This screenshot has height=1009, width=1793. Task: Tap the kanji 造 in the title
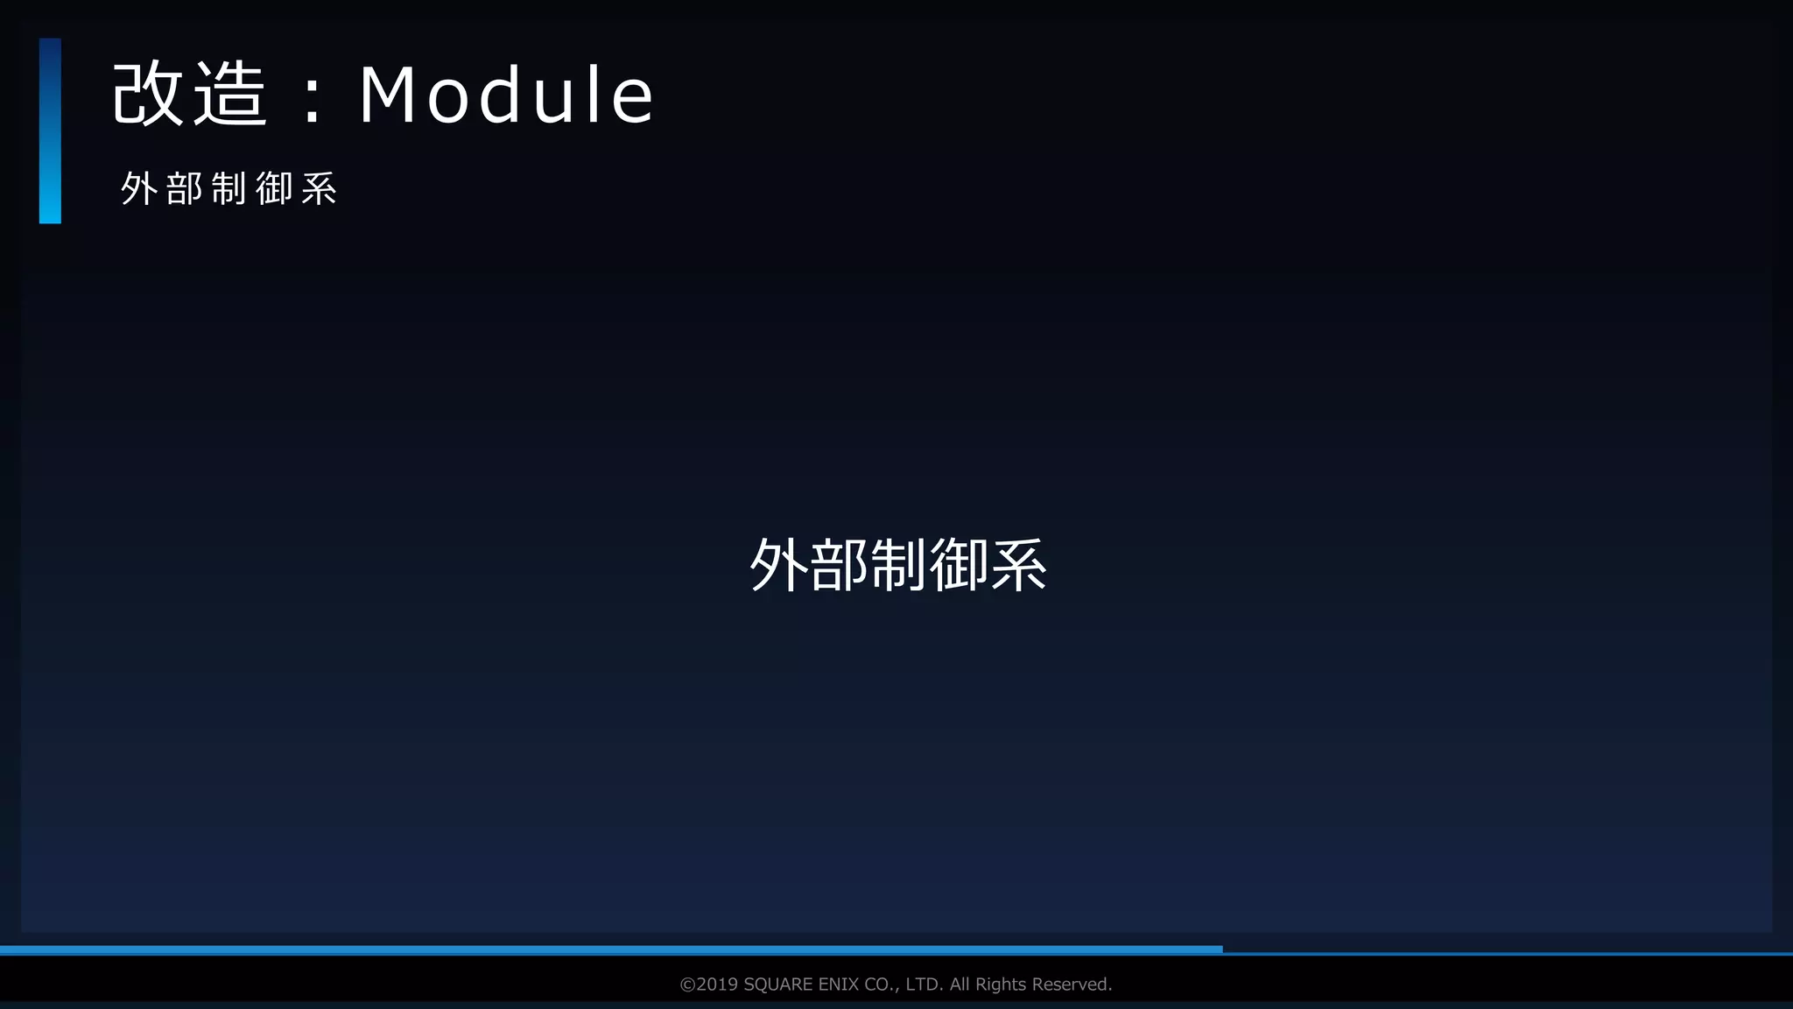pos(229,95)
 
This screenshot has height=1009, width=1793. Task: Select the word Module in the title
pos(506,95)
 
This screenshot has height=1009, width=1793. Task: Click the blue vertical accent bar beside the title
pos(50,131)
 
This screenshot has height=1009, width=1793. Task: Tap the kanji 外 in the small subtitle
pos(138,188)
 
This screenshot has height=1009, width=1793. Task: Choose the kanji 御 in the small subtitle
pos(274,188)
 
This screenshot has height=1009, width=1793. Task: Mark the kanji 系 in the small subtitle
pos(320,188)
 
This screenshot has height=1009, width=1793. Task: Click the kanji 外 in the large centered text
pos(778,565)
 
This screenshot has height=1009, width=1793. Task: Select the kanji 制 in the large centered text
pos(898,565)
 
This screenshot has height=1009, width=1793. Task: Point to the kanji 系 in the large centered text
pos(1018,565)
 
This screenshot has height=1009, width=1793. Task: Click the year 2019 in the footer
pos(717,984)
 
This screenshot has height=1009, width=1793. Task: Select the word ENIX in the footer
pos(838,984)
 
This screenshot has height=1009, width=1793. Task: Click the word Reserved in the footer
pos(1072,984)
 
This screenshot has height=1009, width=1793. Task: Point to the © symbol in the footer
pos(687,984)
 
